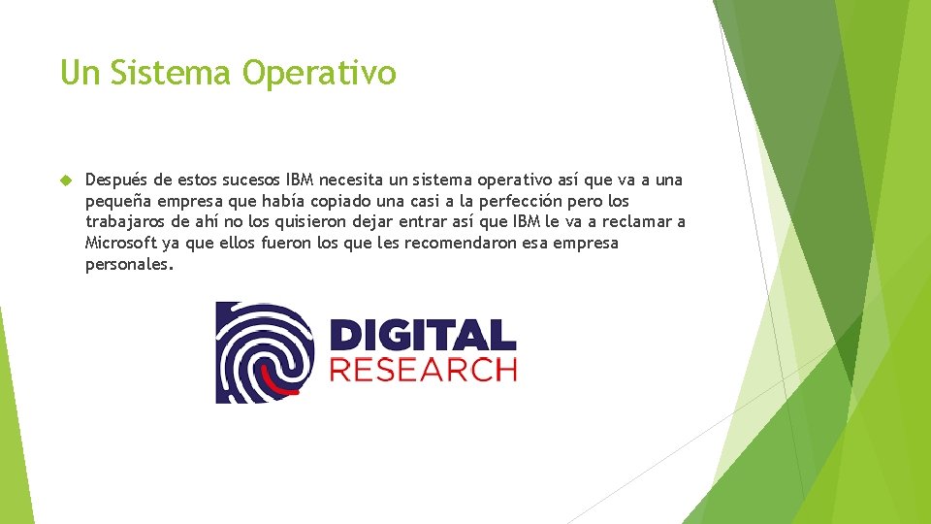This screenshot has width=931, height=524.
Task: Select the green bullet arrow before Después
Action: click(x=66, y=180)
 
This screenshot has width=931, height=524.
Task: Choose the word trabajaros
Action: click(x=124, y=222)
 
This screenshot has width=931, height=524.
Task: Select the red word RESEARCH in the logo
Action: click(x=423, y=370)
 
